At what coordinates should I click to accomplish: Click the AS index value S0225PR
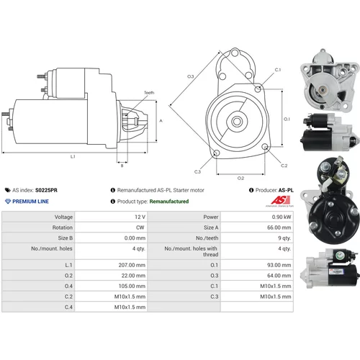[46, 190]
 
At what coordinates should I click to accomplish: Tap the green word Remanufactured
[169, 202]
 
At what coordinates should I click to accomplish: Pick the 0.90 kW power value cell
[282, 217]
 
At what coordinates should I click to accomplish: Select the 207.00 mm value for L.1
[132, 265]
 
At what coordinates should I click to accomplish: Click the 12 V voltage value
[140, 217]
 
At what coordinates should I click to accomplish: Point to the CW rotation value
[140, 228]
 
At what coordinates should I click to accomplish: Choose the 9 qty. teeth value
[284, 238]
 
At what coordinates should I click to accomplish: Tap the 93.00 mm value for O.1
[279, 265]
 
